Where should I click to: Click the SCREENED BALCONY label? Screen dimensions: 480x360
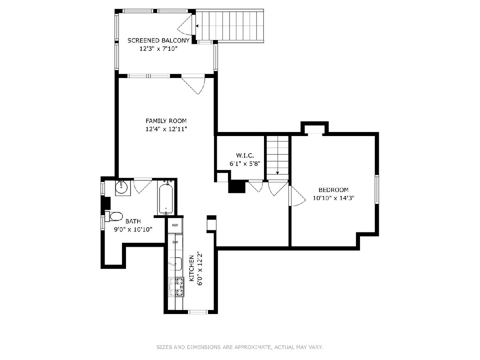158,40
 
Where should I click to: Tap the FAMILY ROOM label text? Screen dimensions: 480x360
166,121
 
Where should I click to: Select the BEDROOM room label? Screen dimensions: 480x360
333,190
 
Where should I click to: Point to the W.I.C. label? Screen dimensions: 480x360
245,156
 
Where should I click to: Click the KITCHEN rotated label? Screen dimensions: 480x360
191,268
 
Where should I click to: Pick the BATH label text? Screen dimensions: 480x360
133,221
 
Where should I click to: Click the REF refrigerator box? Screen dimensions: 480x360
175,225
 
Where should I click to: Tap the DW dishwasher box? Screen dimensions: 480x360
175,242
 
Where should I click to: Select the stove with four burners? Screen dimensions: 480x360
176,286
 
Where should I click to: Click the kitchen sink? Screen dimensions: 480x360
176,264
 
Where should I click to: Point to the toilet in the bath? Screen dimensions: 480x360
114,216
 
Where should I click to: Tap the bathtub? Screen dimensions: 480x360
166,199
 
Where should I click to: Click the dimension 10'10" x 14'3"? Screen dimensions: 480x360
333,198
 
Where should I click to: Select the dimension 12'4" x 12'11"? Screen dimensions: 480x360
166,129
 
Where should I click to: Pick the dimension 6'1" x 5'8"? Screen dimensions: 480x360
245,164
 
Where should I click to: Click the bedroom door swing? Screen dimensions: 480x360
297,196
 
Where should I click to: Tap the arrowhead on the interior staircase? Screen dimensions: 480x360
277,173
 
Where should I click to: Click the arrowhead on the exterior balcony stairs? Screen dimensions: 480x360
197,26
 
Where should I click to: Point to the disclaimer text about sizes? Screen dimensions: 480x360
240,347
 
